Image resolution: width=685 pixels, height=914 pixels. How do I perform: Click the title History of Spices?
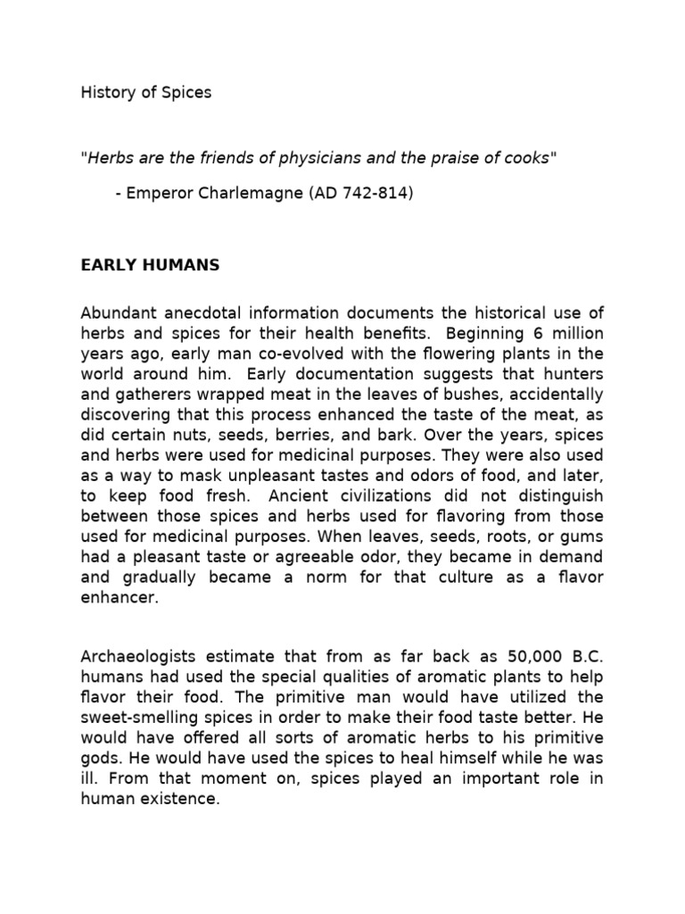146,92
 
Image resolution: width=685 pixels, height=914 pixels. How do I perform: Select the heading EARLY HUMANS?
150,265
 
